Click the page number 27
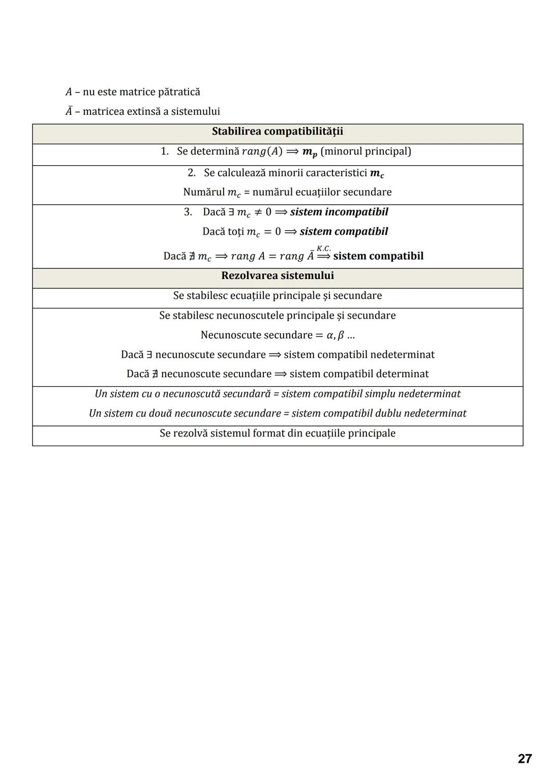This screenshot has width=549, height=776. pos(525,759)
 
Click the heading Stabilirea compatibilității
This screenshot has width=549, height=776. pos(277,132)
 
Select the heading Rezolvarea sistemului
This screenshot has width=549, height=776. pos(277,276)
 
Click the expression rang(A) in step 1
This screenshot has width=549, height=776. pos(262,151)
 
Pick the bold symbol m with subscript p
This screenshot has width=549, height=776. pos(309,152)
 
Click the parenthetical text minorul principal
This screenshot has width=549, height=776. pos(365,151)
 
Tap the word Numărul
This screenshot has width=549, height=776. pos(203,192)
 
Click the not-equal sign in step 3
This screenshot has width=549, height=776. pos(258,212)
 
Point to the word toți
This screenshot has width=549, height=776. pos(235,232)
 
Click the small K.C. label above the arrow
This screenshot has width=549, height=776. pos(323,248)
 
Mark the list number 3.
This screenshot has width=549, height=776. pos(188,212)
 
